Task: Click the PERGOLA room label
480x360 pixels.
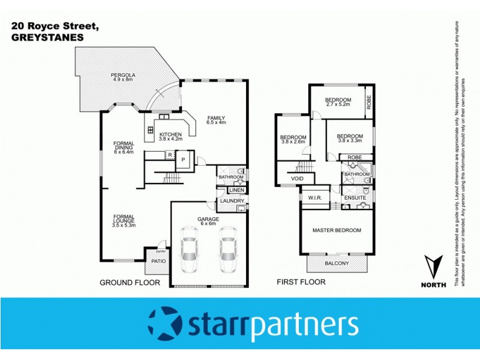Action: [x=124, y=75]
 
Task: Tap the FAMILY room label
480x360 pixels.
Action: [x=216, y=118]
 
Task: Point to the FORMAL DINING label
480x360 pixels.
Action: [x=124, y=147]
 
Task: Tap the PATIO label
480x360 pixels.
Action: [x=158, y=261]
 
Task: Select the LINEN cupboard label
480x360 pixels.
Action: [x=236, y=191]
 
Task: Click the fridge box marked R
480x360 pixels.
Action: [x=170, y=155]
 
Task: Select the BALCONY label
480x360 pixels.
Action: [x=337, y=263]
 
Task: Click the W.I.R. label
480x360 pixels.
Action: [x=315, y=197]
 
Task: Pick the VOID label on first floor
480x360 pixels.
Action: [x=298, y=179]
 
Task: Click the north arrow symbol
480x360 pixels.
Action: [x=434, y=267]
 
